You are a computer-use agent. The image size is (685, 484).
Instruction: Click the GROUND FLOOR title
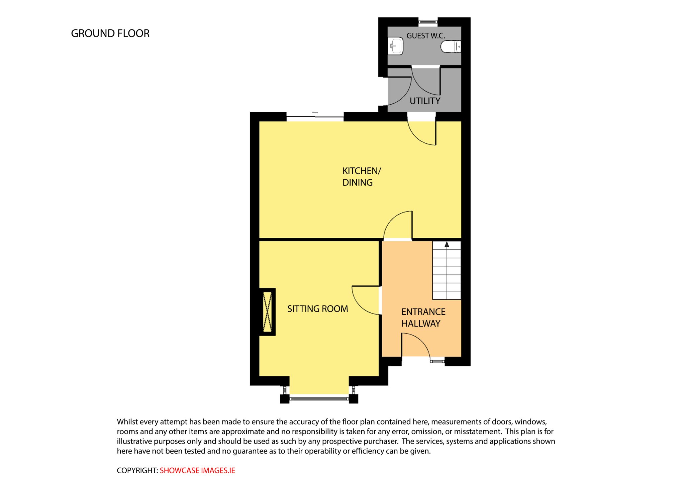110,33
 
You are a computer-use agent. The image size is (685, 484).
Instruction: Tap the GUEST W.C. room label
425,35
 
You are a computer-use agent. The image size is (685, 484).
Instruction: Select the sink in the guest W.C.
396,46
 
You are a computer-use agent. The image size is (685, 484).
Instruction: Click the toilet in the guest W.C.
451,46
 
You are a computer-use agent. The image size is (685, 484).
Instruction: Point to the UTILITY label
425,101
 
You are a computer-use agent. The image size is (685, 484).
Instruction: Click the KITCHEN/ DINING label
362,177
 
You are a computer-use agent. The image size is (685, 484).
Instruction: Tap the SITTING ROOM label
317,309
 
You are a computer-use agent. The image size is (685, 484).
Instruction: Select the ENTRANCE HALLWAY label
423,318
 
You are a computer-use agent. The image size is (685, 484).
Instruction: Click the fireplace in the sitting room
268,312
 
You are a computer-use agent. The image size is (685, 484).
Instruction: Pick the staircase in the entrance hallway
447,270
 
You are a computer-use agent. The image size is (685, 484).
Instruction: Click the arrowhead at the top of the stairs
447,244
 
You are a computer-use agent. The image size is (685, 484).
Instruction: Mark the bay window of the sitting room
319,398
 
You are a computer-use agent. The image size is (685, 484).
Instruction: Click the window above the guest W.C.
428,22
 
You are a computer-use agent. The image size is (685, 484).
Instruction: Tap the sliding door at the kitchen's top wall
315,117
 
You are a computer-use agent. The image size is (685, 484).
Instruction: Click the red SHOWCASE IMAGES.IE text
197,470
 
